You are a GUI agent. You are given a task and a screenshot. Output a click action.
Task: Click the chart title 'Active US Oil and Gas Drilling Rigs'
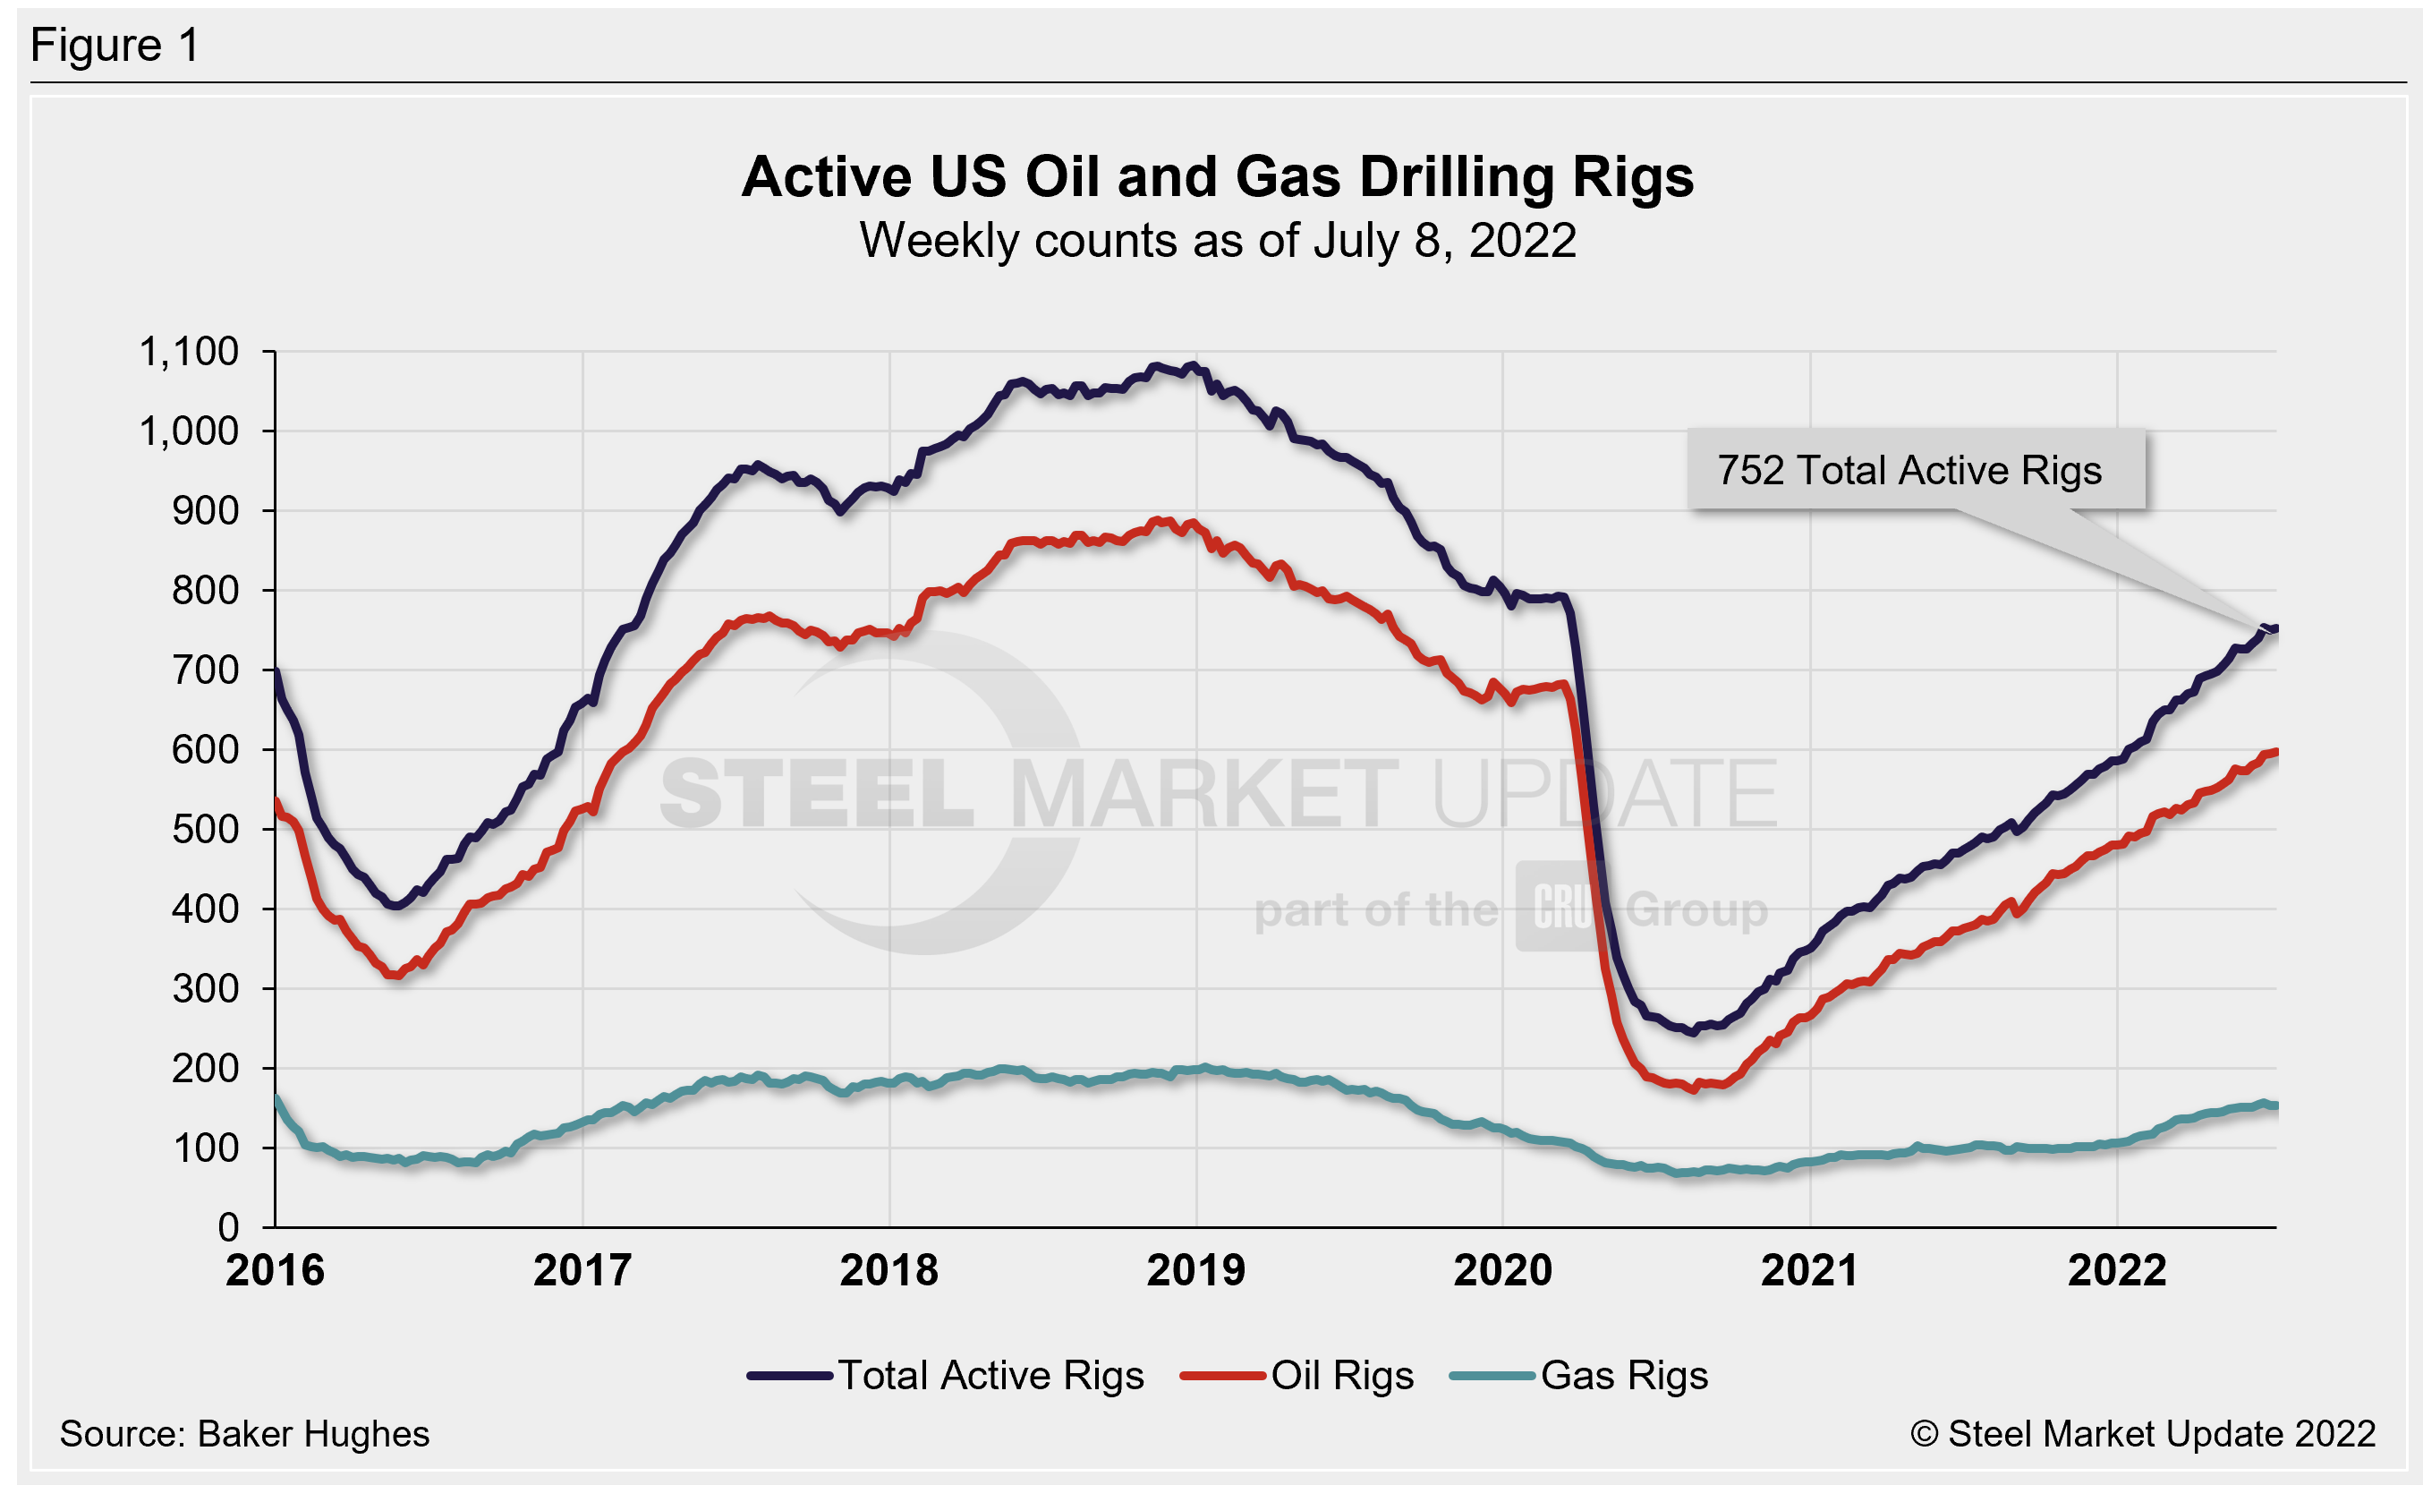click(x=1218, y=177)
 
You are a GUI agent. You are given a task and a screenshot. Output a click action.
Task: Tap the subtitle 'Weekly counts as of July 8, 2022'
click(x=1218, y=241)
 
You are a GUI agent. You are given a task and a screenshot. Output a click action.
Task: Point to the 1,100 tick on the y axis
click(x=189, y=352)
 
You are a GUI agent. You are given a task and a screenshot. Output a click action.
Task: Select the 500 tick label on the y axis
click(x=205, y=829)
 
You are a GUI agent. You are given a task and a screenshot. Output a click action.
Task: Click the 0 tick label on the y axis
click(x=228, y=1227)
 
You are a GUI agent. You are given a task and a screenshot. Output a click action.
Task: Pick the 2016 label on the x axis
click(x=275, y=1270)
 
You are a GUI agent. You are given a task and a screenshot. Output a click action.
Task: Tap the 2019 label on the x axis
click(x=1195, y=1270)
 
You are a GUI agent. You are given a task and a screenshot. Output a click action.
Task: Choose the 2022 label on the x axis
click(x=2116, y=1270)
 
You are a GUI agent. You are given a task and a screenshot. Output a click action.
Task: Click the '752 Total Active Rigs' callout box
click(x=1915, y=470)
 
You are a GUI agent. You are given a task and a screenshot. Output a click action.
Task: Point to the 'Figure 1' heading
click(x=115, y=46)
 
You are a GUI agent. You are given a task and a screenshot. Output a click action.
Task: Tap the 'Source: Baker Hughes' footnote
click(x=244, y=1434)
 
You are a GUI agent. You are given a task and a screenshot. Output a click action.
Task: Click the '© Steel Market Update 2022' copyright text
click(x=2143, y=1434)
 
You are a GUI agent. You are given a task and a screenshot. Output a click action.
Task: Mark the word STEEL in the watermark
click(x=816, y=793)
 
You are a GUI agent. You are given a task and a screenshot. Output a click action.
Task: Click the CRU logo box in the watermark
click(x=1561, y=907)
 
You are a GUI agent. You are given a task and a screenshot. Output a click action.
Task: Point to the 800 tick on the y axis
click(x=205, y=590)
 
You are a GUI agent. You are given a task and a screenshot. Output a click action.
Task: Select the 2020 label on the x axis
click(x=1502, y=1270)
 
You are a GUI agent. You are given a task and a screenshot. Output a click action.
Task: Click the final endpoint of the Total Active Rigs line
click(x=2275, y=628)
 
